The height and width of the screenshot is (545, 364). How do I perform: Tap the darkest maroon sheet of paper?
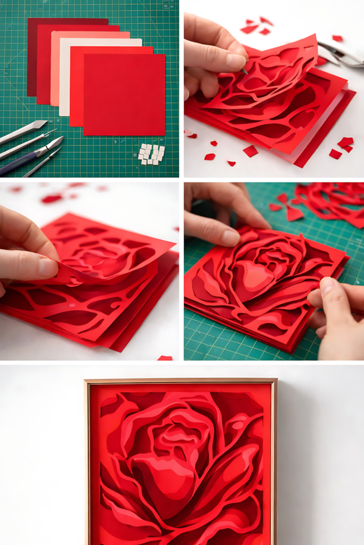coord(32,59)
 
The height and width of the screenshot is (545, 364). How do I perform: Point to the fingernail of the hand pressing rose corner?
coord(230,237)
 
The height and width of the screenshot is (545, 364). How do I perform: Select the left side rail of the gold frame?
coord(87,463)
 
